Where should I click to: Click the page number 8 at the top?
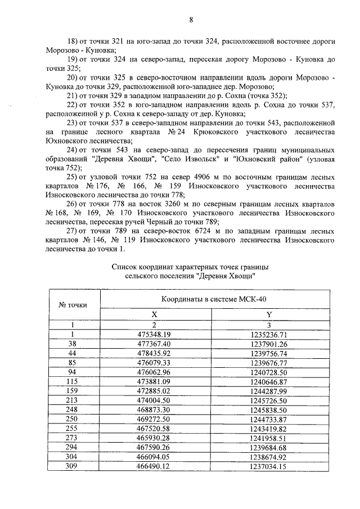click(x=191, y=20)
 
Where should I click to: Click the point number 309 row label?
click(x=71, y=466)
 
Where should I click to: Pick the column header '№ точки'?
click(x=73, y=305)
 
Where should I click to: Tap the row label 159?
click(x=71, y=391)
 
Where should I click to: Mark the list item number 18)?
click(x=73, y=42)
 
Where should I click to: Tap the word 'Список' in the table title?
click(x=125, y=267)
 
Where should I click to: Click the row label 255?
click(x=71, y=429)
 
